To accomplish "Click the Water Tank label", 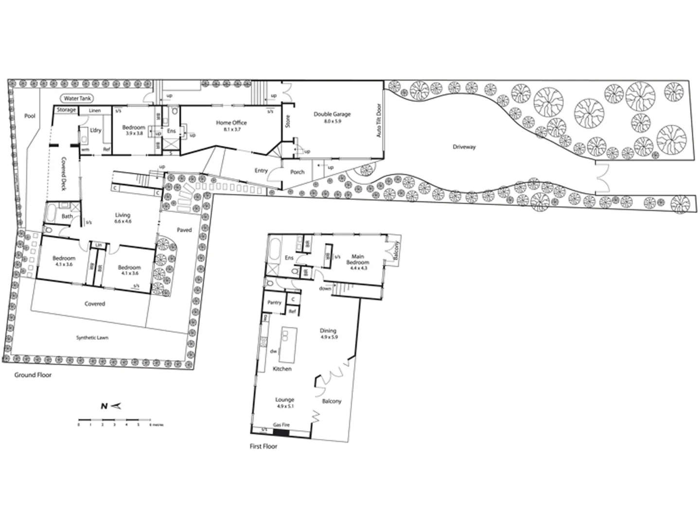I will click(78, 99).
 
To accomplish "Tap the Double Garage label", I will click(332, 115).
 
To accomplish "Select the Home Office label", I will click(231, 123).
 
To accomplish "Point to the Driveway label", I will click(464, 147).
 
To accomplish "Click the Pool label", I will click(30, 116).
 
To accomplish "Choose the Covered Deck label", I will click(64, 174).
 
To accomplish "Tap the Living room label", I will click(122, 215).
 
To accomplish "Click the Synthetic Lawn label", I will click(92, 337).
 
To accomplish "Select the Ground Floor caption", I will click(33, 375).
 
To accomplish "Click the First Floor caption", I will click(263, 446).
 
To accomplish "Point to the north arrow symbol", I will click(111, 406).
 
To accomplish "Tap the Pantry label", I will click(274, 302).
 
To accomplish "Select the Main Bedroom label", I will click(358, 259).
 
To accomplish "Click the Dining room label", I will click(329, 331).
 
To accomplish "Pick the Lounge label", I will click(284, 400).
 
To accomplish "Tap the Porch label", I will click(297, 172).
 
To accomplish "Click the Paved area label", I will click(184, 230).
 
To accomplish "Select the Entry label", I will click(261, 171).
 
